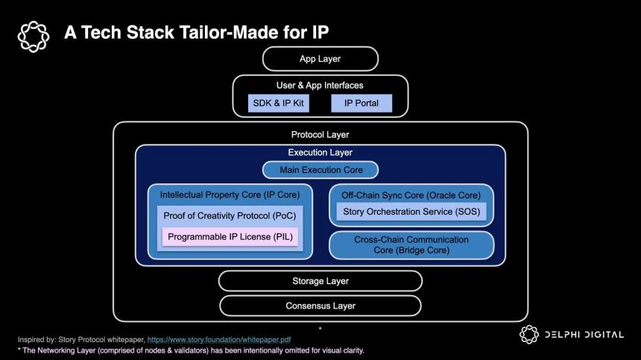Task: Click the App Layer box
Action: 320,59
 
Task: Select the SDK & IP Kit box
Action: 279,103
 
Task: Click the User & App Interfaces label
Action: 320,86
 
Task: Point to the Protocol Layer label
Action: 320,135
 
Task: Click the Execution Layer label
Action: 320,153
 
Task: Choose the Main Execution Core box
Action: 320,170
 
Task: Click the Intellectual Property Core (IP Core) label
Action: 230,195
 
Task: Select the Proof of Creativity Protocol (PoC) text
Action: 230,216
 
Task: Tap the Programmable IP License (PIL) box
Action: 230,237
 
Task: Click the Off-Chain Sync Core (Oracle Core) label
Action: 411,195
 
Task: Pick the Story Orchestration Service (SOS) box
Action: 411,212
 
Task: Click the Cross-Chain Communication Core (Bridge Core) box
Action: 411,244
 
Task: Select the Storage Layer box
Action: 320,281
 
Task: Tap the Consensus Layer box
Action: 320,306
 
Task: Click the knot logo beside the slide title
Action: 33,35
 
